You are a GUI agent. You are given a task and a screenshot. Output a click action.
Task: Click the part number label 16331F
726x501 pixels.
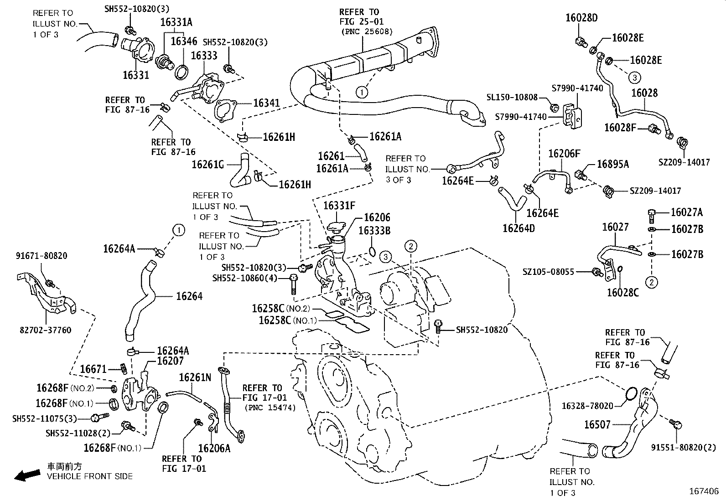(x=339, y=206)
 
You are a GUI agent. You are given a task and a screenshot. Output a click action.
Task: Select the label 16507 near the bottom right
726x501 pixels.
(x=597, y=425)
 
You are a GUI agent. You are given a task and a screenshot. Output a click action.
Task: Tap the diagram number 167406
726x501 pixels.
(x=704, y=491)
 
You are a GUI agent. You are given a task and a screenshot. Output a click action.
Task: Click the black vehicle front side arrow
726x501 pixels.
(x=27, y=475)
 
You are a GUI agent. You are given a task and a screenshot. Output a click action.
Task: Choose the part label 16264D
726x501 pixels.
(x=519, y=227)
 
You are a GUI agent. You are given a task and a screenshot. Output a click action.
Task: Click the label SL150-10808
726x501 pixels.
(x=512, y=98)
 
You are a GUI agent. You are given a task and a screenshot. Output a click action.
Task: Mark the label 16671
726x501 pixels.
(x=93, y=369)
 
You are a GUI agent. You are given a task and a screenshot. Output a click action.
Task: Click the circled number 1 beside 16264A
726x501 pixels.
(x=179, y=230)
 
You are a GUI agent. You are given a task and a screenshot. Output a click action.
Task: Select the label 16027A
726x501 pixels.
(x=686, y=212)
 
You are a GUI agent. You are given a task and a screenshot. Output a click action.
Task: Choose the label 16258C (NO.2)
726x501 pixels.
(x=280, y=309)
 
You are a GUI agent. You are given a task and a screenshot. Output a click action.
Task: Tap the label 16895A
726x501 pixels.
(x=612, y=165)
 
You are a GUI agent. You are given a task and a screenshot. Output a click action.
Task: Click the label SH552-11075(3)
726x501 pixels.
(x=44, y=418)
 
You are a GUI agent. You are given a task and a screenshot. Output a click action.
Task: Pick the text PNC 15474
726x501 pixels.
(x=270, y=408)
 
